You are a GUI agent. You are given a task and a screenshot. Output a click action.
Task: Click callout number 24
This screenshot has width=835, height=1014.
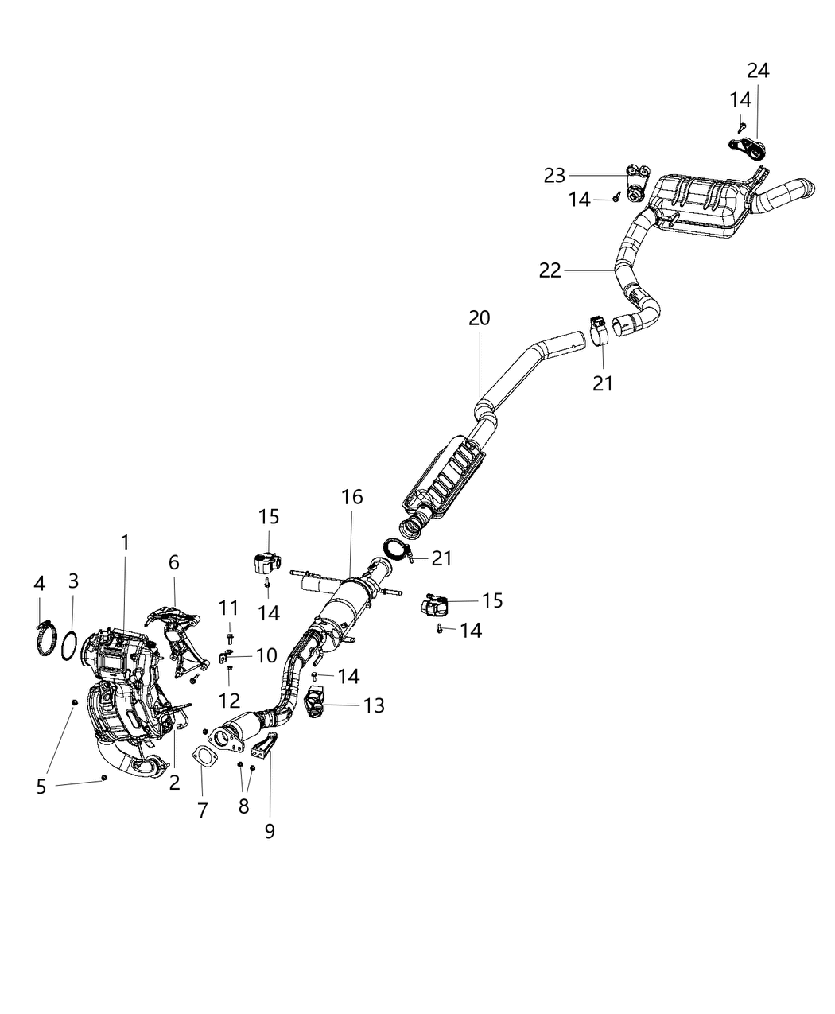point(758,71)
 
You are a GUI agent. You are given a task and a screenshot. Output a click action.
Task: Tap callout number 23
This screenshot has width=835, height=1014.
point(554,177)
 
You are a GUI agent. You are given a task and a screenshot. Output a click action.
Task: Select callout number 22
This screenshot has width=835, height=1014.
point(550,271)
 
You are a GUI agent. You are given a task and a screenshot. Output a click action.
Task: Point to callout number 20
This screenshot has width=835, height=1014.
point(479,318)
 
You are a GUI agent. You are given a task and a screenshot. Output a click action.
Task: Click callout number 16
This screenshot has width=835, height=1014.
point(351,498)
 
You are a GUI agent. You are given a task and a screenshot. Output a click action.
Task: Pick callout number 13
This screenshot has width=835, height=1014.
point(373,705)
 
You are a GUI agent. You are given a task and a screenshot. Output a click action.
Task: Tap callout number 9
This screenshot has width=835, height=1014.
point(270,831)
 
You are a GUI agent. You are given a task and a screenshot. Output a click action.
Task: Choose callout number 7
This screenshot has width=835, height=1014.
point(202,810)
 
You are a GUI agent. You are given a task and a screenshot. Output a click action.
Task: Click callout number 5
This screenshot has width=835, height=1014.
point(41,787)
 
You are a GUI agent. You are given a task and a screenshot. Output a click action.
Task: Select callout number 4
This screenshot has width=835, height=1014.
point(39,584)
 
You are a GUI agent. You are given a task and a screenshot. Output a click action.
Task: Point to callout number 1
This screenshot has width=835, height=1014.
point(125,542)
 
